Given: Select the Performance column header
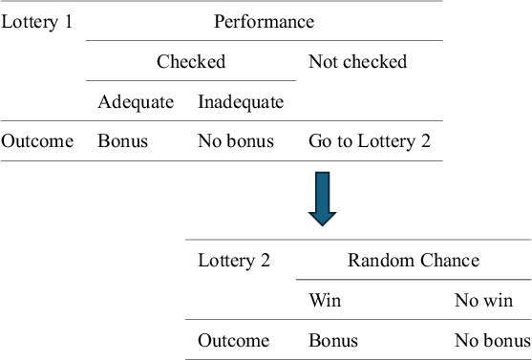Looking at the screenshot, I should (264, 21).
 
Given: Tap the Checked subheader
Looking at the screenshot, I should (191, 61).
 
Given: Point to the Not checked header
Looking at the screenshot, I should (357, 61).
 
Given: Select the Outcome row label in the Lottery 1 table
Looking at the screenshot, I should (37, 141).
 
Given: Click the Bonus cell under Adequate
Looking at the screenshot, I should (122, 141).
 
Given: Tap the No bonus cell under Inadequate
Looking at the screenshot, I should (235, 141).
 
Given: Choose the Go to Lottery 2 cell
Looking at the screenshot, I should (370, 141).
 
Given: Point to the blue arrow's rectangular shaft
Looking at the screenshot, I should (324, 189).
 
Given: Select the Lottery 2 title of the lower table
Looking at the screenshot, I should (234, 260).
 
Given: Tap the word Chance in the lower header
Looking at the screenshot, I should (448, 260).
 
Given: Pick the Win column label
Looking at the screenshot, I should (324, 300).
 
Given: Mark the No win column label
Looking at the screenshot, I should (483, 300).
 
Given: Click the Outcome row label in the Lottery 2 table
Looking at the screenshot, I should (233, 340).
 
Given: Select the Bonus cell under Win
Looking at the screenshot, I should (332, 340).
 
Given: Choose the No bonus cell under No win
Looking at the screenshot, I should (492, 340).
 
